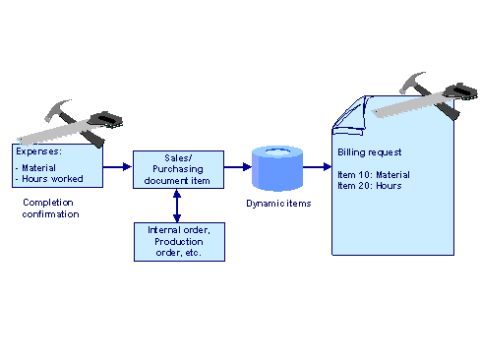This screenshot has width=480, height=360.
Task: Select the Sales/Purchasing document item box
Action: [x=177, y=168]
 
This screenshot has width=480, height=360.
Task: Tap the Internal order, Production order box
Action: [x=177, y=241]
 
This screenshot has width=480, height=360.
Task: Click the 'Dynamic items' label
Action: [x=276, y=204]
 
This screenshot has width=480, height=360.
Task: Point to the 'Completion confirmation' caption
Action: [x=50, y=209]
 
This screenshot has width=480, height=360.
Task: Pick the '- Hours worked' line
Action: [x=50, y=179]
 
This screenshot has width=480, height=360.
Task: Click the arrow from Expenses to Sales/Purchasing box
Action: [x=118, y=167]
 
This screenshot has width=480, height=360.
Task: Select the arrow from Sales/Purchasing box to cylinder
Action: [x=237, y=167]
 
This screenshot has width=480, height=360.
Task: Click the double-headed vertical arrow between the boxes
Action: [x=177, y=205]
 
